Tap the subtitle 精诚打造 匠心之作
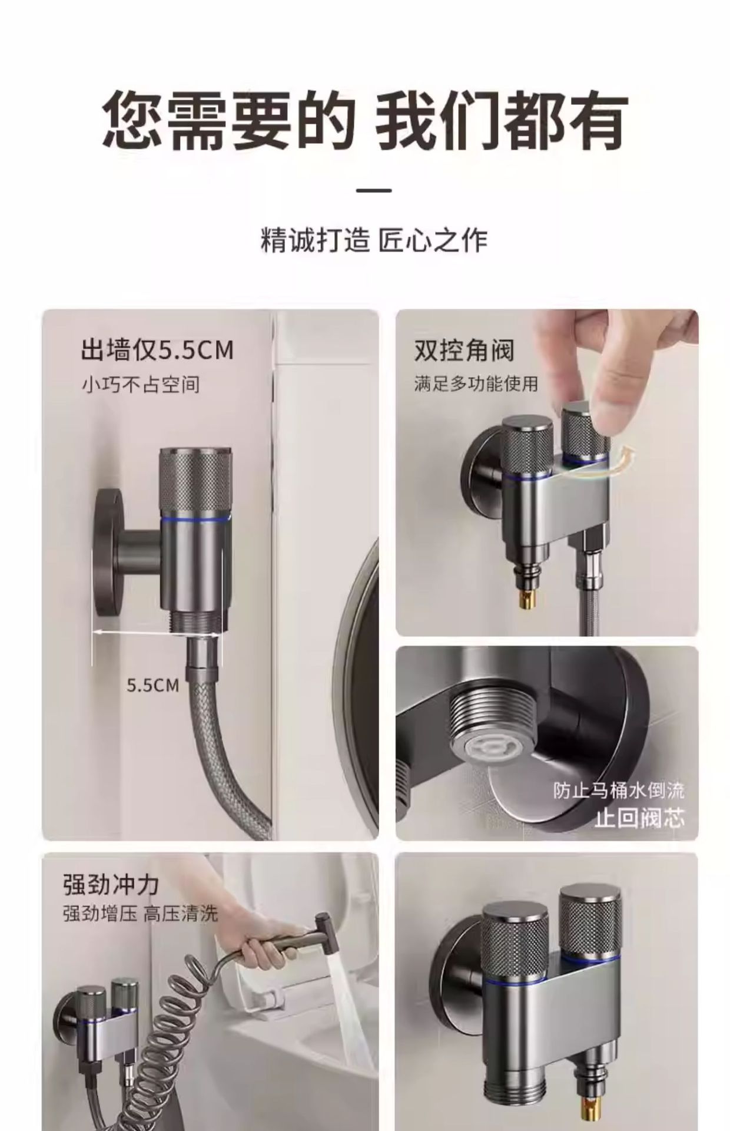(x=374, y=241)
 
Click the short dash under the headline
(x=374, y=190)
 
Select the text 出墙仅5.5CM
(x=157, y=350)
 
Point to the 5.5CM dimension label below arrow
(x=153, y=685)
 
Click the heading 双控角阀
(x=464, y=350)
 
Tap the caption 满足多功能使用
(x=476, y=384)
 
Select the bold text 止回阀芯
(x=639, y=818)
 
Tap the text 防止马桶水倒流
(x=618, y=790)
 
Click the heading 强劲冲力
(x=111, y=885)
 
